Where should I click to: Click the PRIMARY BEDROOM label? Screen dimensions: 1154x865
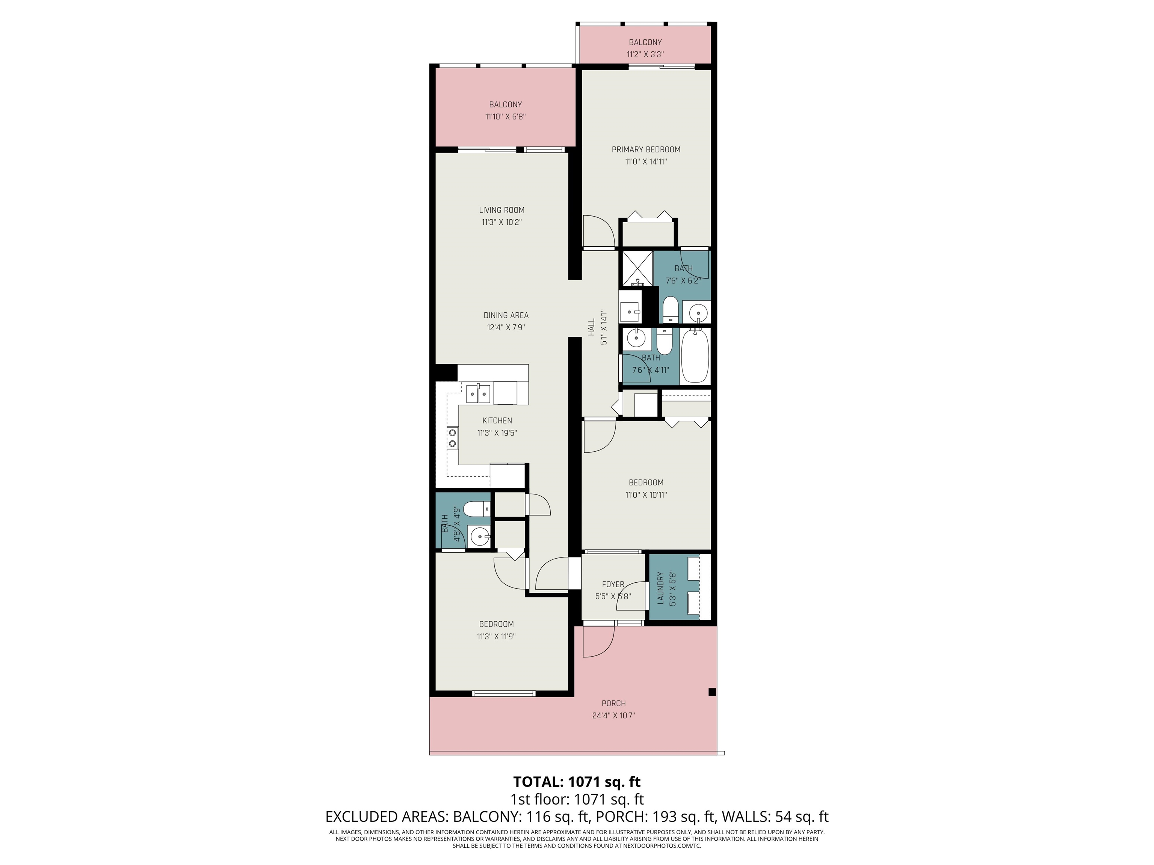(x=646, y=150)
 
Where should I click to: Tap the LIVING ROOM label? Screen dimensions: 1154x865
(x=502, y=210)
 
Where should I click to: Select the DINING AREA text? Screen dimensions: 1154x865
(x=506, y=315)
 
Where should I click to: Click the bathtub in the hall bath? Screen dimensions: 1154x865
(x=695, y=356)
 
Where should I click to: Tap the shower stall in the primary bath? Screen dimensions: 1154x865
(x=636, y=268)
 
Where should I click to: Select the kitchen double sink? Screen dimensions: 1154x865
(x=113, y=394)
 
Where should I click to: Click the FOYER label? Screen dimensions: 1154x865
(x=613, y=585)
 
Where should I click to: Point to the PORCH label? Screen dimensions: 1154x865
(x=613, y=703)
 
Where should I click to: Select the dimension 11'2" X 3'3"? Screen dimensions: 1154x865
(x=645, y=54)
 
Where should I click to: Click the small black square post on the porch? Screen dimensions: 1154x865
(x=712, y=692)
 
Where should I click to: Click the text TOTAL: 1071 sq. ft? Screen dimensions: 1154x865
(x=577, y=782)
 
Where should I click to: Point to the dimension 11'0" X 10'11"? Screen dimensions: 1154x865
(x=646, y=495)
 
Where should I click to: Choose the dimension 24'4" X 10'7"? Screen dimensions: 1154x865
(x=613, y=715)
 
